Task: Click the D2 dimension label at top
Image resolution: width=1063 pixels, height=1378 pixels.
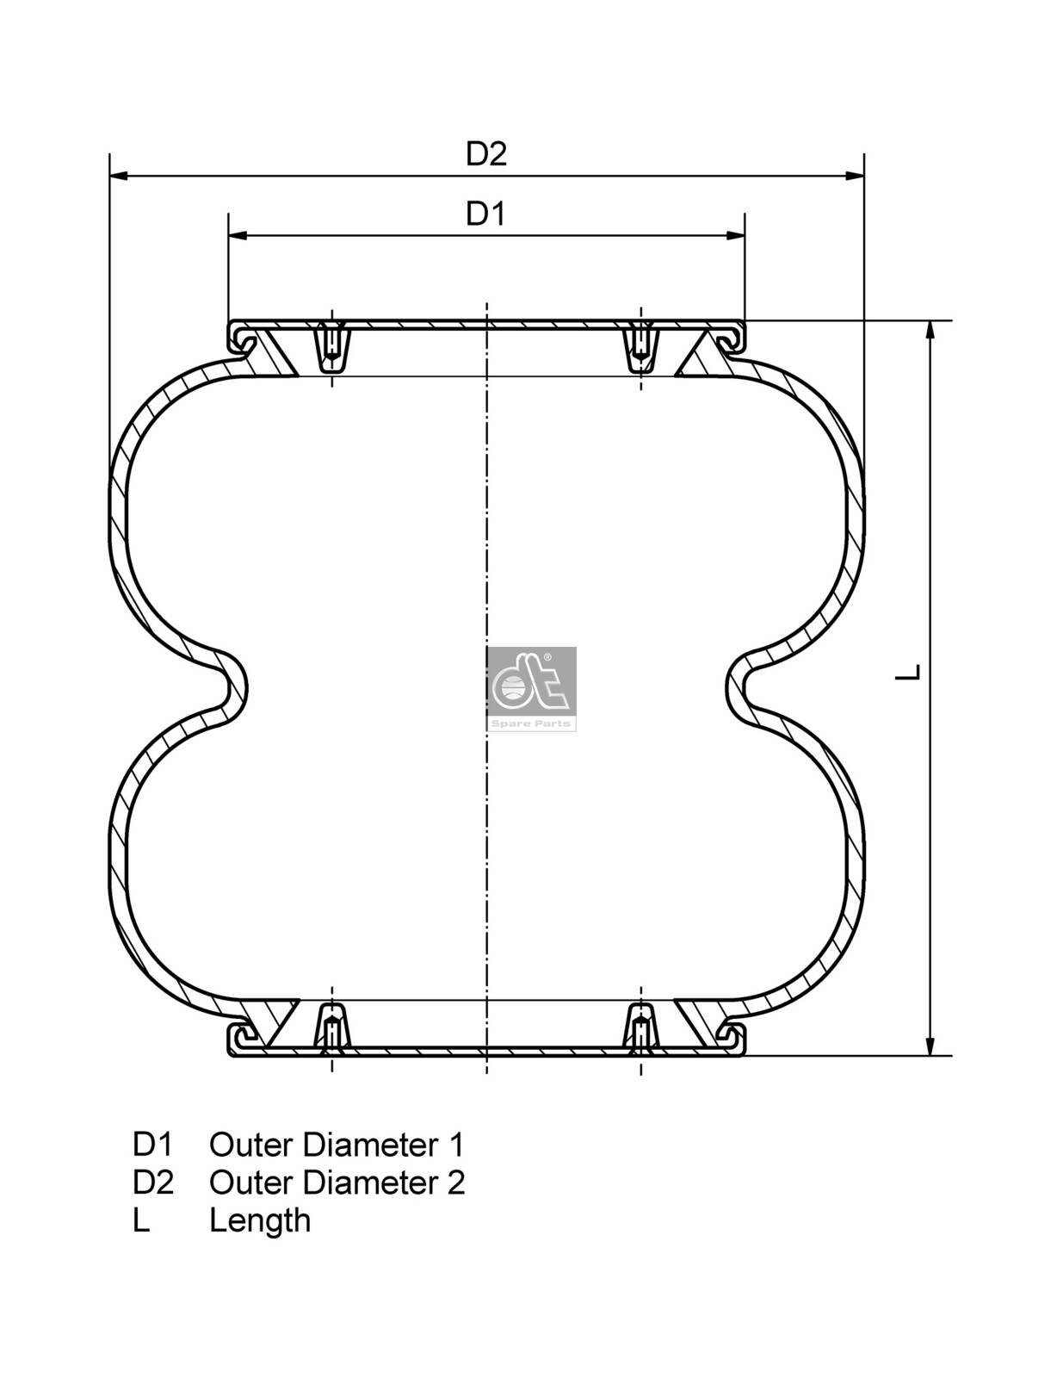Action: point(486,154)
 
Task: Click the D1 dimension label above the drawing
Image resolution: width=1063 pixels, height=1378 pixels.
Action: point(485,214)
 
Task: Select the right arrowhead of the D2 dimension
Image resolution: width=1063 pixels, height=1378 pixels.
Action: point(855,177)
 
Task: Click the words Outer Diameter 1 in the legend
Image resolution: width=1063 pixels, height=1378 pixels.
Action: point(337,1145)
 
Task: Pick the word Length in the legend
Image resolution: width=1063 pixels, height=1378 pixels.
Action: point(259,1220)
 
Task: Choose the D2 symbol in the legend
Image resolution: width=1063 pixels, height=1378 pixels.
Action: point(153,1182)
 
